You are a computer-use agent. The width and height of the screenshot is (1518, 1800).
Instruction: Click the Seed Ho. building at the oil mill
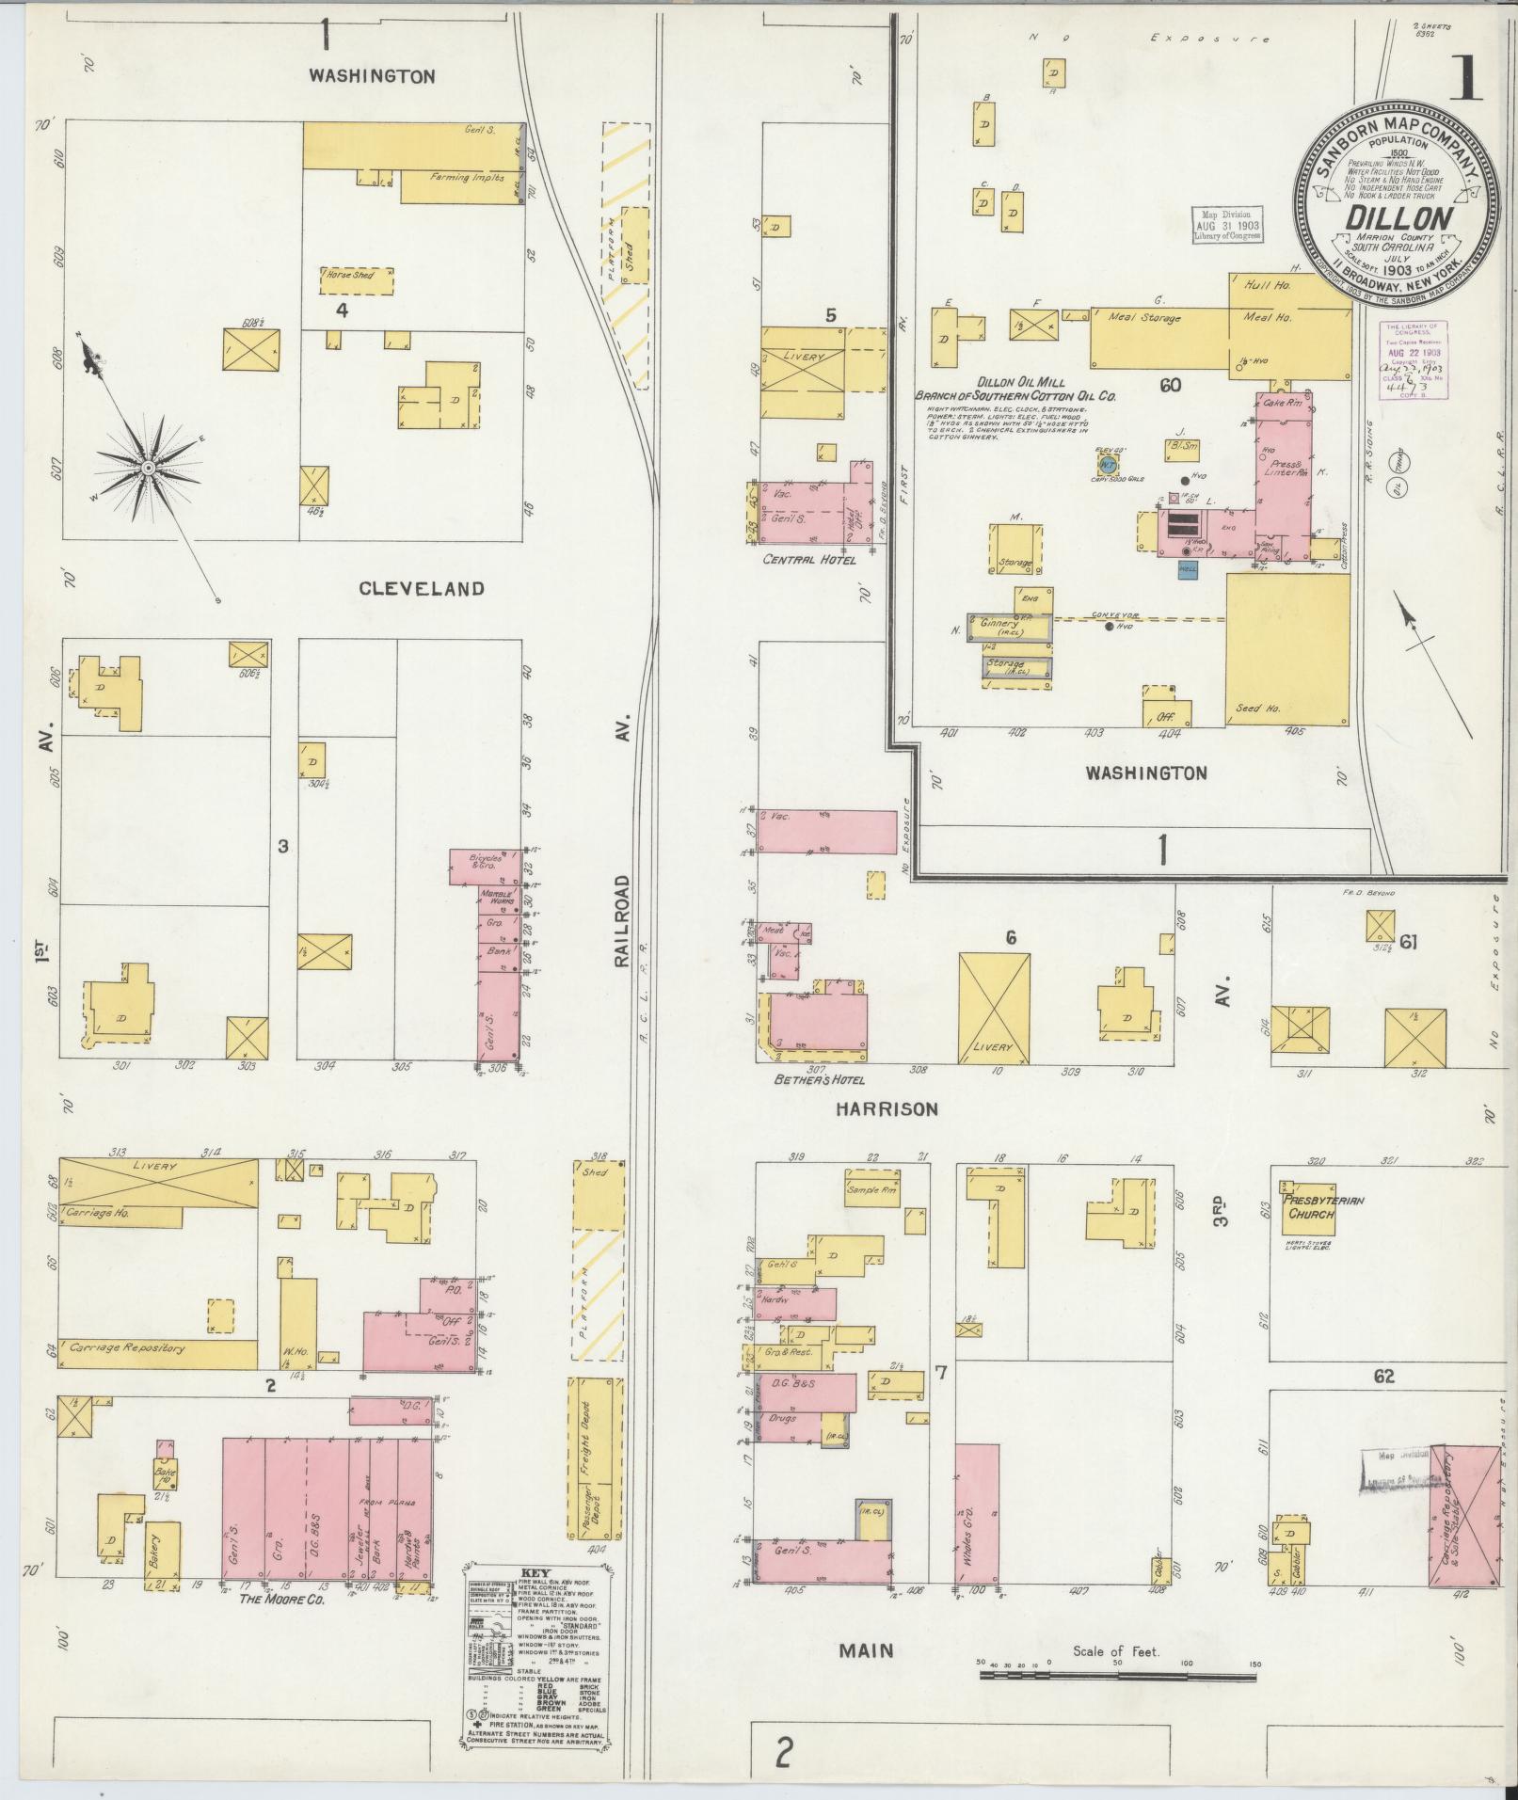[x=1286, y=649]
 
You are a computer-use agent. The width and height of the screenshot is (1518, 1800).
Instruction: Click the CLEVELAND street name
[x=422, y=589]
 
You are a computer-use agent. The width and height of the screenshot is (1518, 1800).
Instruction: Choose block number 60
[x=1171, y=385]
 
